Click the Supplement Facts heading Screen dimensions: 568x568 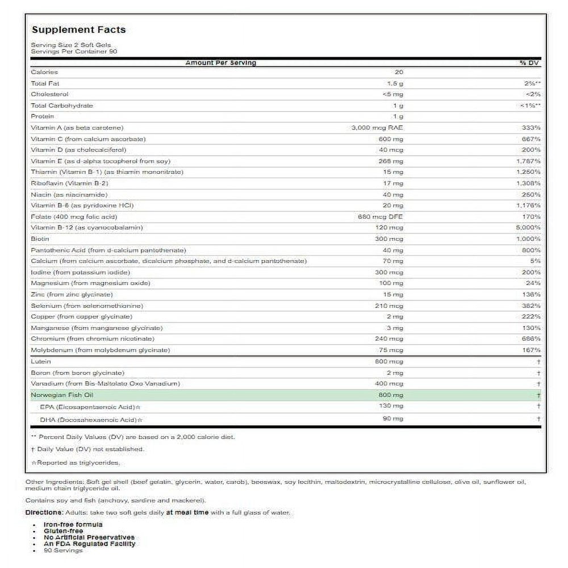(x=78, y=30)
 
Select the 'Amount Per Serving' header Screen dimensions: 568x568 (x=220, y=62)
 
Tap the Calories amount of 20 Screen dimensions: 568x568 (x=398, y=72)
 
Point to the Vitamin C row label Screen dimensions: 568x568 (x=89, y=139)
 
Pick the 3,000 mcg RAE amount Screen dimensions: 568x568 (x=378, y=128)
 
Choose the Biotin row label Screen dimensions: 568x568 (x=40, y=239)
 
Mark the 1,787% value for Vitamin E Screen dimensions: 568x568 (x=529, y=161)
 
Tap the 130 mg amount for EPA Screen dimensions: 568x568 (x=391, y=406)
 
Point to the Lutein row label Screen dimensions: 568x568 (x=41, y=361)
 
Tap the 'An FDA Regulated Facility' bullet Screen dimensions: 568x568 (x=90, y=544)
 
